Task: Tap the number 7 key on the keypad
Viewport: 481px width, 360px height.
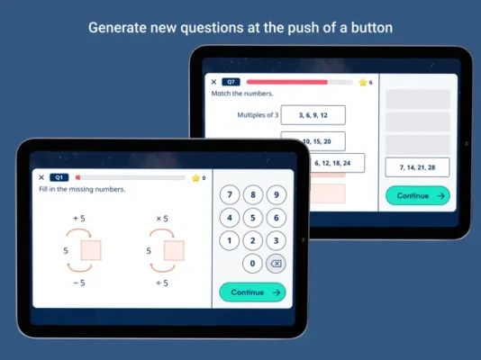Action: (230, 195)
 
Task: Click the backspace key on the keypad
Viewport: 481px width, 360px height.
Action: (276, 264)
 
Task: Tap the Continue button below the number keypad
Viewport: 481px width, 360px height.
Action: (252, 292)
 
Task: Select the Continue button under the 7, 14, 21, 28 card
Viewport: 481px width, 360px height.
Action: (418, 196)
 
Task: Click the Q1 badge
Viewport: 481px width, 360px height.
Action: (59, 177)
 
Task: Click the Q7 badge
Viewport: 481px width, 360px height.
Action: (231, 82)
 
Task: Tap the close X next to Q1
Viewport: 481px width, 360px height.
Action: (41, 177)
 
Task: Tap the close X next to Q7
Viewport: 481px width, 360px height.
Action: (213, 82)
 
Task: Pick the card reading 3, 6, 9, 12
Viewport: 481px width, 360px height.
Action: (313, 115)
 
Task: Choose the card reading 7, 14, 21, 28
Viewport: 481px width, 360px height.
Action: (418, 167)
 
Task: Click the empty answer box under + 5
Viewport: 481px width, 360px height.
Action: (91, 250)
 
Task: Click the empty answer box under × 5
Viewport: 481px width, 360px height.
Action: (174, 250)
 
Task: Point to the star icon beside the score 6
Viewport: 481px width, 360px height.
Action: (363, 82)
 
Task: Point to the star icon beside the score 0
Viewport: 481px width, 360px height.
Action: (195, 177)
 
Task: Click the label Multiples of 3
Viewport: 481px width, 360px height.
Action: (258, 115)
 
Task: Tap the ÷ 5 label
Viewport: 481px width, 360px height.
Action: (162, 283)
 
